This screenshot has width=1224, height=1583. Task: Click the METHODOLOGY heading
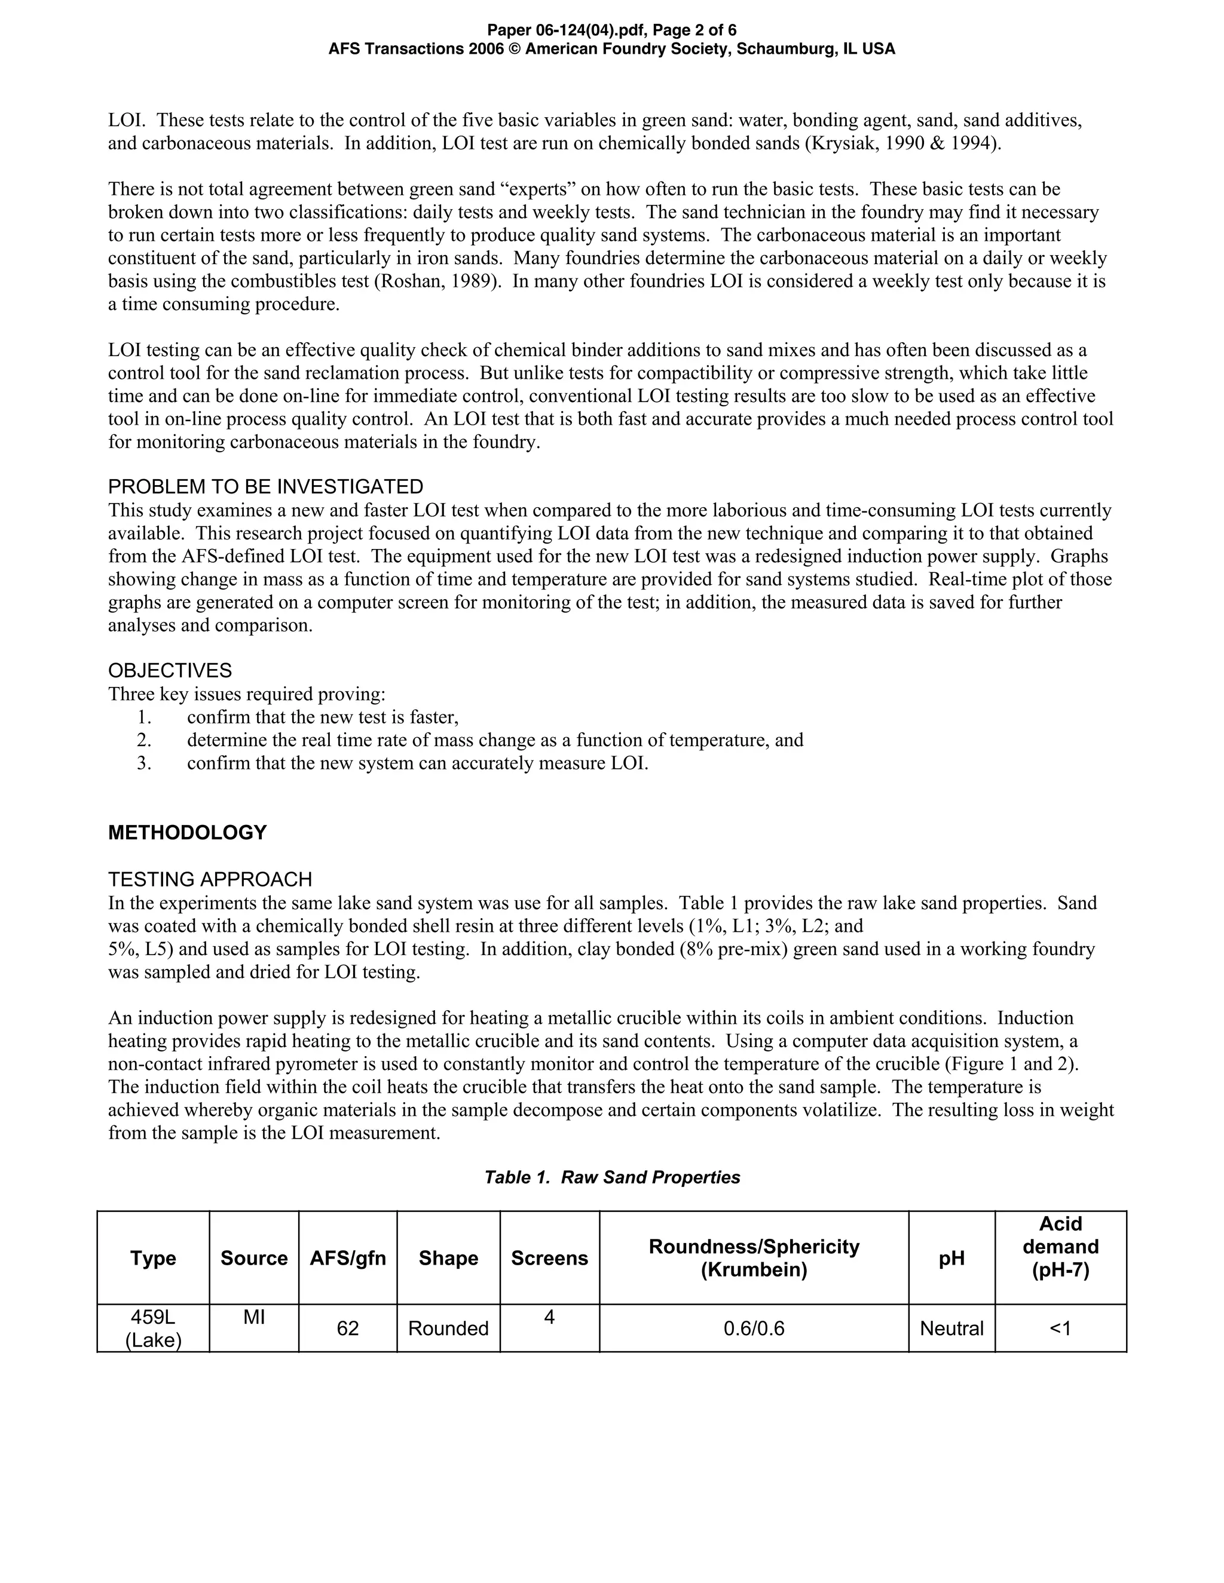tap(187, 832)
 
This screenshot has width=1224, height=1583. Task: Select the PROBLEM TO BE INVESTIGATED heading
tap(265, 486)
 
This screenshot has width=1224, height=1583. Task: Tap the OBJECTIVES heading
tap(170, 670)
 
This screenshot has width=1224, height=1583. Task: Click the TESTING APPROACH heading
tap(210, 879)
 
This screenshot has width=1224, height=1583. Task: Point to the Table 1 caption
tap(612, 1177)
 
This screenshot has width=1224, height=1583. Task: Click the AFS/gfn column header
tap(347, 1257)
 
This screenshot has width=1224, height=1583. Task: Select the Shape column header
tap(448, 1257)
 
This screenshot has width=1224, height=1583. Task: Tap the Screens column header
tap(549, 1257)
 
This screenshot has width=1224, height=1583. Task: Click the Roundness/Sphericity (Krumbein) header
tap(754, 1257)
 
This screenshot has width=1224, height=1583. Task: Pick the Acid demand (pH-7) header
tap(1060, 1247)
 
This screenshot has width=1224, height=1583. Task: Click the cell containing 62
tap(347, 1328)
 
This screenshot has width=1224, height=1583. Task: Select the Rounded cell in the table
tap(448, 1328)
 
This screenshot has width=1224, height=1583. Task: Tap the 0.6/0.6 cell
tap(754, 1328)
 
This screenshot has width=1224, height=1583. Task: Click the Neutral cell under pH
tap(951, 1328)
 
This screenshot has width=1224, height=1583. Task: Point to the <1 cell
tap(1060, 1328)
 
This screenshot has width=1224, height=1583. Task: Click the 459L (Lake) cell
tap(153, 1328)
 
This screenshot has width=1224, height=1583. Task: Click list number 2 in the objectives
tap(143, 740)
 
